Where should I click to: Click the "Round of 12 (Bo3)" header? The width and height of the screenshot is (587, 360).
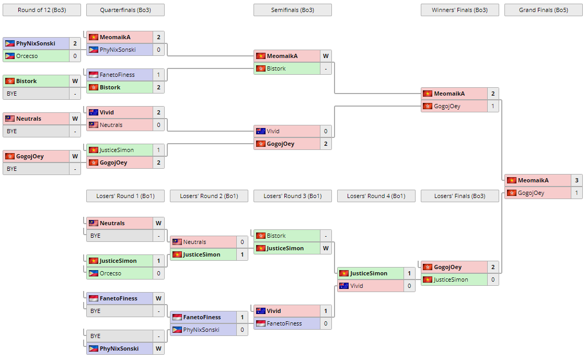point(42,10)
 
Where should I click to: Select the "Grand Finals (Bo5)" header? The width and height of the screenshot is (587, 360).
point(543,10)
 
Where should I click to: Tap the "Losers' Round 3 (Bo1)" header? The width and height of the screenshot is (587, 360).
point(292,196)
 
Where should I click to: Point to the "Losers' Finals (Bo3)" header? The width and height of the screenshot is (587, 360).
point(459,196)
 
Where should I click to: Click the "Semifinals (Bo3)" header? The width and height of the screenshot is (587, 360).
point(292,10)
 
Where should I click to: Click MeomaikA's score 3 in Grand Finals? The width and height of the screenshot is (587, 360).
point(577,180)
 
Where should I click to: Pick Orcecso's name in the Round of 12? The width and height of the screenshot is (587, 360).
point(27,56)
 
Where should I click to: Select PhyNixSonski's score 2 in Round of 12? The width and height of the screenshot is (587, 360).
point(75,43)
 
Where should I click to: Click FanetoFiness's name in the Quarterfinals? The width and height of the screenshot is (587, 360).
point(117,75)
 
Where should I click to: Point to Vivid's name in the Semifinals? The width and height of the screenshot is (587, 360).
point(273,131)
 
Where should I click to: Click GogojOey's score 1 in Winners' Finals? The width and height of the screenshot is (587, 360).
point(493,106)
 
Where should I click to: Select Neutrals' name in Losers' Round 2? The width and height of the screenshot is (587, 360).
point(194,242)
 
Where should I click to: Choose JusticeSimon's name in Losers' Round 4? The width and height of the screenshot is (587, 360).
point(369,273)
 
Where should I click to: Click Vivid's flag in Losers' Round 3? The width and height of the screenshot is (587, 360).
point(261,311)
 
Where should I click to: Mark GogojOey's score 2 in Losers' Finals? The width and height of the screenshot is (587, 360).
point(493,267)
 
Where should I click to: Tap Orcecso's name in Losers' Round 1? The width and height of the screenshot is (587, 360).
point(110,273)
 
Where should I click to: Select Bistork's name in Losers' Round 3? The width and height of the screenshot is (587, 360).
point(277,236)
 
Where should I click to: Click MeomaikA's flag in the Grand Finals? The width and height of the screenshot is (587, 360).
point(512,180)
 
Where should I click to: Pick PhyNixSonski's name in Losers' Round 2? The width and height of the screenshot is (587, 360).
point(201,330)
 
